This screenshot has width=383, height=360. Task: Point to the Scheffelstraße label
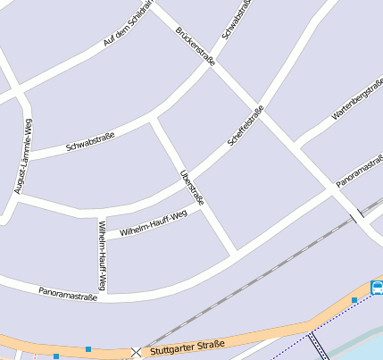(246, 126)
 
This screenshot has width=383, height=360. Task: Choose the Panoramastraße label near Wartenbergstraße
(360, 171)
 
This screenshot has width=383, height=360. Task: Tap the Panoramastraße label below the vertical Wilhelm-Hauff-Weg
(67, 293)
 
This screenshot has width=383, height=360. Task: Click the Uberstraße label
(191, 188)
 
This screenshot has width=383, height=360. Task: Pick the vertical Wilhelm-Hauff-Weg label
(103, 255)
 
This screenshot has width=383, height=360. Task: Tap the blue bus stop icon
(377, 288)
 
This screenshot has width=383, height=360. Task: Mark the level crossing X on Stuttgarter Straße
(136, 353)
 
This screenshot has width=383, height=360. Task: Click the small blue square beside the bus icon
(354, 300)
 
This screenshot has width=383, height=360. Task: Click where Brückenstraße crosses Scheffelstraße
(258, 105)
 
